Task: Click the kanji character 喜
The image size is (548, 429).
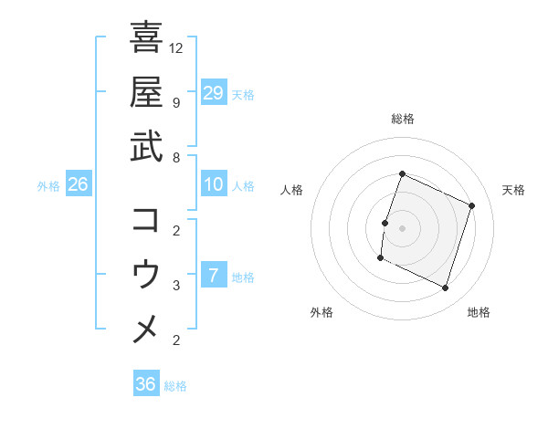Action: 146,37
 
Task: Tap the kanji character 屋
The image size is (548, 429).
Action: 146,91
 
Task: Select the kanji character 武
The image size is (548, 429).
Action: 146,146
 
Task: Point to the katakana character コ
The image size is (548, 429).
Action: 146,220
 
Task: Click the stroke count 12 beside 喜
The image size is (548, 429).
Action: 177,47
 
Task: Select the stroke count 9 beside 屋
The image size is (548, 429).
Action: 177,102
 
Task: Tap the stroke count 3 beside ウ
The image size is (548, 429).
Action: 177,286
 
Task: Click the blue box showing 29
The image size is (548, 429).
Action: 214,92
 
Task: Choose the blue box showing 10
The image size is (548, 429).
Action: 214,185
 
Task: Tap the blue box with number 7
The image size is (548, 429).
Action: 214,276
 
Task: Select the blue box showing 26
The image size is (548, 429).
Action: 79,185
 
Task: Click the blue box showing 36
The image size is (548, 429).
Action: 146,384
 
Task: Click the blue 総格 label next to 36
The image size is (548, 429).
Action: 175,386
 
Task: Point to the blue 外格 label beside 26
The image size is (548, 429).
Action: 48,186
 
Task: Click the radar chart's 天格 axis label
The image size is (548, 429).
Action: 513,190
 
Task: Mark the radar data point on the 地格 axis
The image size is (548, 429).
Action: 446,288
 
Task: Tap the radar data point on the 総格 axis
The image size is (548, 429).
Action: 402,174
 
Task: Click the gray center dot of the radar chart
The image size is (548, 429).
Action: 402,228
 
